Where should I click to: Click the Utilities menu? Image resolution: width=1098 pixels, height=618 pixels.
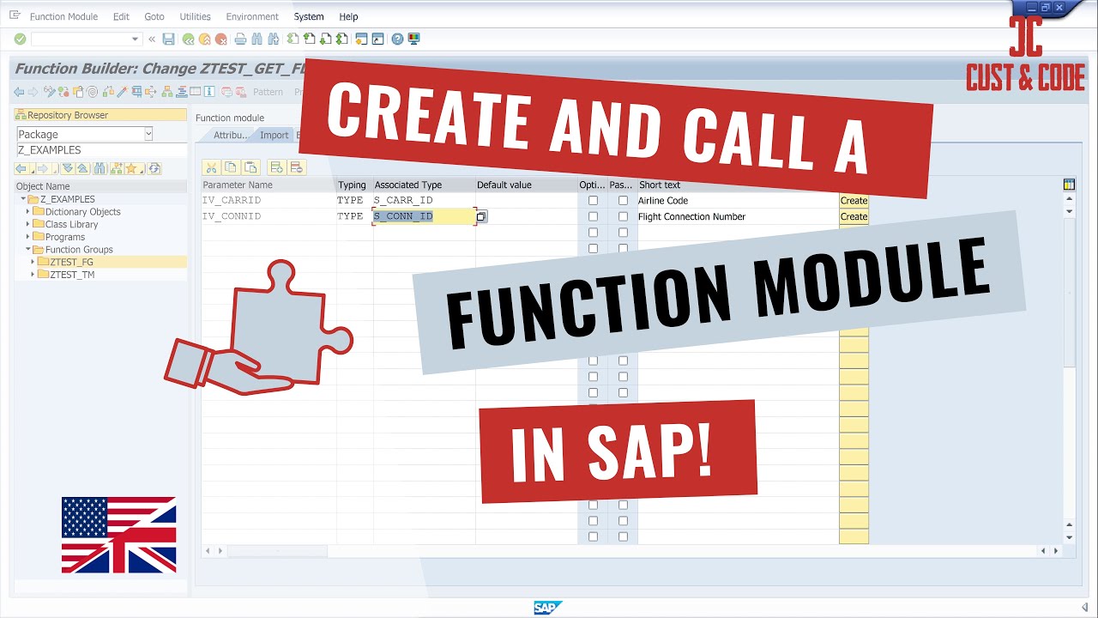click(195, 17)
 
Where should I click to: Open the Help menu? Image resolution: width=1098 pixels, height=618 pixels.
click(348, 17)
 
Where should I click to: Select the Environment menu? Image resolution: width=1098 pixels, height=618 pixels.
click(252, 17)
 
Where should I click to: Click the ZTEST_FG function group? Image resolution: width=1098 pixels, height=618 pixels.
click(71, 262)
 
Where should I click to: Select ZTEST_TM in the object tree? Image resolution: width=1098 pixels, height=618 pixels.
click(72, 275)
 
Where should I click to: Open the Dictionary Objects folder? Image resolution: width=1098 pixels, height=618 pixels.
click(82, 212)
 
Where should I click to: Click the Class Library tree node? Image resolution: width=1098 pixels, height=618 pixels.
click(71, 225)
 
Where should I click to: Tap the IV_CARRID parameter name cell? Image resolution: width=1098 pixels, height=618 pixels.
click(232, 201)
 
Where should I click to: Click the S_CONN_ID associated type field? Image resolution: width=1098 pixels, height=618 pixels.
click(423, 216)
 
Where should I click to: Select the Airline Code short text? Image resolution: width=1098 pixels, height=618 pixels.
click(663, 201)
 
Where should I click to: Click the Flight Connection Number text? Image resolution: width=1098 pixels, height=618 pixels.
click(691, 217)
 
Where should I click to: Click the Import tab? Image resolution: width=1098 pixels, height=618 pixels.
click(274, 136)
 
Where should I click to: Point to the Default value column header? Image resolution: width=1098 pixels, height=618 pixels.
click(504, 185)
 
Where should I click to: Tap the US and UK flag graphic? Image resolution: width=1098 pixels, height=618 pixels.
click(118, 535)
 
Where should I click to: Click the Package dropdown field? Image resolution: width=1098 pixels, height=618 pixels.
click(84, 134)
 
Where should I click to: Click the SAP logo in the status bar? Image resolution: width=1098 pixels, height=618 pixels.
click(546, 608)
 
